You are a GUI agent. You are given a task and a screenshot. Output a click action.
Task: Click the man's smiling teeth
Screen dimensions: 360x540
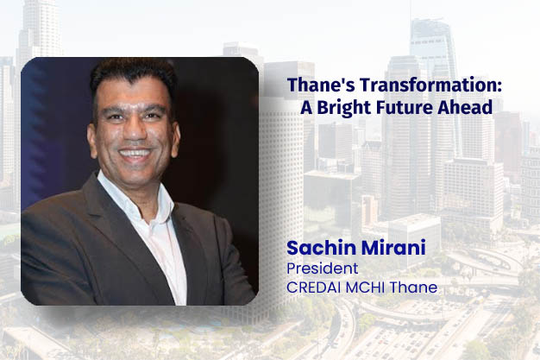pos(135,156)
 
